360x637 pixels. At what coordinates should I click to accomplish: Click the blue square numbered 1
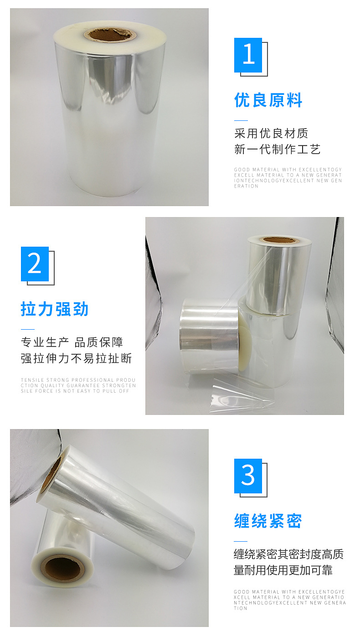point(248,55)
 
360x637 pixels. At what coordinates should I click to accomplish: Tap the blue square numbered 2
point(35,264)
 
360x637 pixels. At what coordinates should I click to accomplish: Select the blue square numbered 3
point(248,476)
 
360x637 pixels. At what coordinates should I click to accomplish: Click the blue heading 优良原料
point(268,100)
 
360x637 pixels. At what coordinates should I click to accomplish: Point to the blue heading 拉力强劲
point(55,309)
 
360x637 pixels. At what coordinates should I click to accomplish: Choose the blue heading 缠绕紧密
point(268,521)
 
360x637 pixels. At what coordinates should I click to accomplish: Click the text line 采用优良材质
point(271,133)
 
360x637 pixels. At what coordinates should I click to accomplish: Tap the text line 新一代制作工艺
point(278,149)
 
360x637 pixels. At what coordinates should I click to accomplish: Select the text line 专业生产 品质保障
point(72,342)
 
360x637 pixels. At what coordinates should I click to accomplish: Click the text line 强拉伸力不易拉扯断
point(76,358)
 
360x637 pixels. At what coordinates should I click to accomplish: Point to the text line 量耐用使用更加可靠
point(283,570)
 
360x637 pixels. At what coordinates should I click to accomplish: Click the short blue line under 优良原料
point(241,120)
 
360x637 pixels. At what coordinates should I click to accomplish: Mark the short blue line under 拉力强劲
point(27,329)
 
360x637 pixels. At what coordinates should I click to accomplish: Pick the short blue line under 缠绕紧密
point(241,541)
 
